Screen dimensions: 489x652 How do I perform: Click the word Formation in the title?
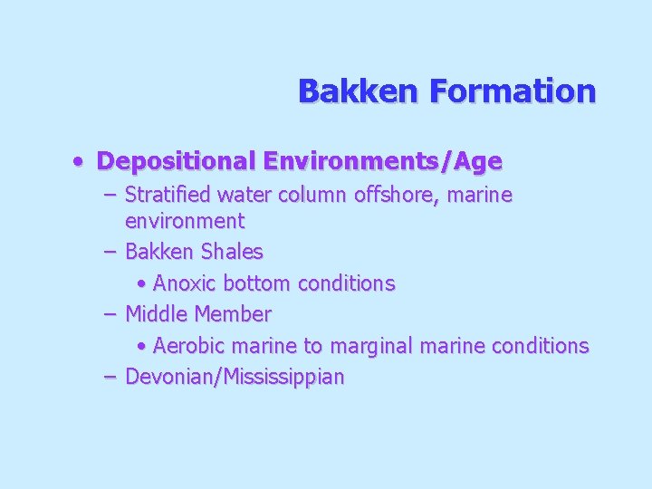click(513, 91)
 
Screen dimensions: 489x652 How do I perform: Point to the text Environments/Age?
click(382, 162)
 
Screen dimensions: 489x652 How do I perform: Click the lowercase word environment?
click(185, 221)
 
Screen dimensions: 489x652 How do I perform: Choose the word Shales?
click(232, 252)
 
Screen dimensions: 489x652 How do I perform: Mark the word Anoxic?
click(185, 283)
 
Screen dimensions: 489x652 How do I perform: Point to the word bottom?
click(257, 283)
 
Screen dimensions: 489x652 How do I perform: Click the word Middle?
click(158, 314)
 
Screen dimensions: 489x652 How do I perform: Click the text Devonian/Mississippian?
click(235, 377)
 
